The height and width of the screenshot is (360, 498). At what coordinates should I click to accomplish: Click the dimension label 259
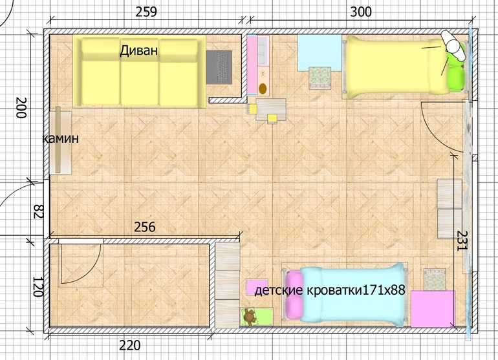tap(146, 12)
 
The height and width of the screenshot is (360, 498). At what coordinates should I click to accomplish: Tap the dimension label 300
tap(361, 12)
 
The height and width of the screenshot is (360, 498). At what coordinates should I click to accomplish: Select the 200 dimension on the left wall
tap(21, 108)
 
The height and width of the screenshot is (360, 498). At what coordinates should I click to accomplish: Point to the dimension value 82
tap(39, 211)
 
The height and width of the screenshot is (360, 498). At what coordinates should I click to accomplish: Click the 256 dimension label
tap(145, 227)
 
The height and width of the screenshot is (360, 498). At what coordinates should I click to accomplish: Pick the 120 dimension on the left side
tap(38, 287)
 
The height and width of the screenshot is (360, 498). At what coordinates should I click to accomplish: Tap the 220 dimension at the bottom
tap(129, 345)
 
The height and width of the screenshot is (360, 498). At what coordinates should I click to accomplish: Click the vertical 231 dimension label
tap(462, 240)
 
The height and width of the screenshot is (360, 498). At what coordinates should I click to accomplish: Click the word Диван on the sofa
tap(138, 50)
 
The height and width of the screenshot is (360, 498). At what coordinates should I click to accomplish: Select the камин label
tap(60, 138)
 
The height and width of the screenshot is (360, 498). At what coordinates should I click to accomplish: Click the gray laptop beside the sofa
tap(219, 67)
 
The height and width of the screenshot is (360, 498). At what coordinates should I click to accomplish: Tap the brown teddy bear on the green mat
tap(250, 317)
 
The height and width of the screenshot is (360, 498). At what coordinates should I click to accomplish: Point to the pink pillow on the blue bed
tap(294, 295)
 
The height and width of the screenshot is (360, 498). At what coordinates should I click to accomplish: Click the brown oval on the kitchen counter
tap(263, 89)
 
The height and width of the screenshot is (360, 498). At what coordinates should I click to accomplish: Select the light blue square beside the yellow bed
tap(319, 53)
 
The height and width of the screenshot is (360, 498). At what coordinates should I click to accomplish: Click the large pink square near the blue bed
tap(433, 309)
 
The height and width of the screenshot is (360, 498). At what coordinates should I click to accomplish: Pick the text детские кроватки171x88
tap(330, 290)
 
